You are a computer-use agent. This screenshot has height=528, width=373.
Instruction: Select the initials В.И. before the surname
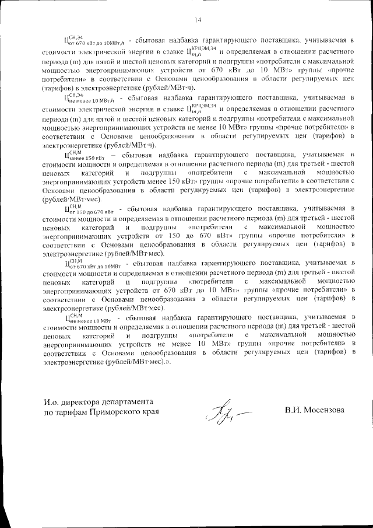tap(292, 410)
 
